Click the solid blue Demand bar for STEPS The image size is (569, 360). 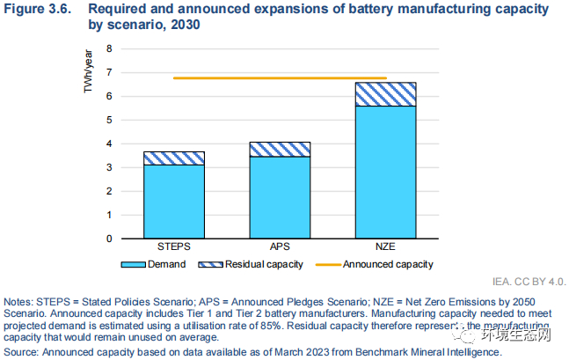174,202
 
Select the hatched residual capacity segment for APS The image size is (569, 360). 280,149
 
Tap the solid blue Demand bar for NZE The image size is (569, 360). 386,172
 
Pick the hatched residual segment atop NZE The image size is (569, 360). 386,94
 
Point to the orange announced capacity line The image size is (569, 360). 280,78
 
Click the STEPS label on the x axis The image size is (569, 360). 174,247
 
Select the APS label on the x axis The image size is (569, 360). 280,247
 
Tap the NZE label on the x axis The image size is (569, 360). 386,247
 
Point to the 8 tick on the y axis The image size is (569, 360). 110,48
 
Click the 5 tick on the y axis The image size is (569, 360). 110,120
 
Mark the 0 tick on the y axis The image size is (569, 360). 110,239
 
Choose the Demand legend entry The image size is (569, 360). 159,262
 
